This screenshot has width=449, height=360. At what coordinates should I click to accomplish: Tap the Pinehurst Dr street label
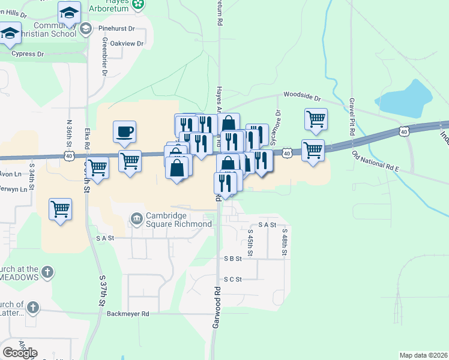pyautogui.click(x=119, y=28)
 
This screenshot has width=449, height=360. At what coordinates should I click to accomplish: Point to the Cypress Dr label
pyautogui.click(x=29, y=54)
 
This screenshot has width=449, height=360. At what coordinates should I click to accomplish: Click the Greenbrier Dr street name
pyautogui.click(x=104, y=57)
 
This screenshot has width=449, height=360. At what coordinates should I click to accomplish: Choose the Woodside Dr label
pyautogui.click(x=303, y=96)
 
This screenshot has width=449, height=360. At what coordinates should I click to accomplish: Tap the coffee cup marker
pyautogui.click(x=124, y=131)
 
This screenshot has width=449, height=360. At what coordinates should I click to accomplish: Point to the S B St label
pyautogui.click(x=232, y=259)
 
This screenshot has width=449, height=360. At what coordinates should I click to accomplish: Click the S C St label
pyautogui.click(x=232, y=279)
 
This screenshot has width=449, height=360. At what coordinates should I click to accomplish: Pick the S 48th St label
pyautogui.click(x=285, y=242)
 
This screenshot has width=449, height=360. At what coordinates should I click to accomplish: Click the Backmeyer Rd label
pyautogui.click(x=127, y=313)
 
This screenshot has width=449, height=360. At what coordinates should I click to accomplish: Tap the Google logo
pyautogui.click(x=20, y=352)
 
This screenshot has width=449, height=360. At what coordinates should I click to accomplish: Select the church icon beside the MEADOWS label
pyautogui.click(x=48, y=273)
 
